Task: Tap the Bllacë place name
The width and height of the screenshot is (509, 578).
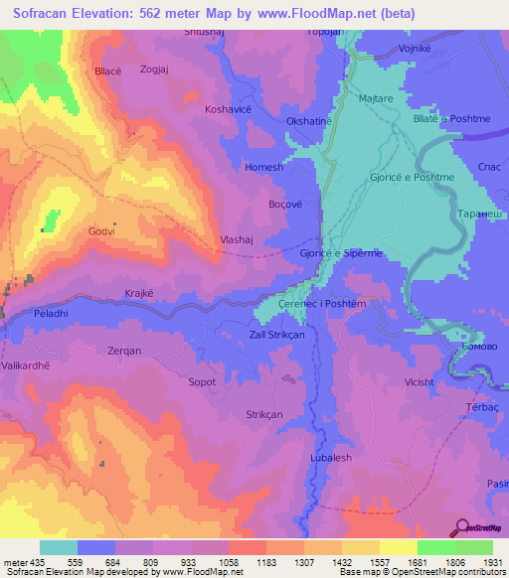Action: tap(106, 72)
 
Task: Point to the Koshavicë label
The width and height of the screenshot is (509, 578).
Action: tap(228, 108)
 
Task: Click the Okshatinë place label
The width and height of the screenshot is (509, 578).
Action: tap(308, 120)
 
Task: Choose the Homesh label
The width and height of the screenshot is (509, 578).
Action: tap(264, 167)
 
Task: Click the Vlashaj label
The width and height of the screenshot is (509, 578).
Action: tap(240, 239)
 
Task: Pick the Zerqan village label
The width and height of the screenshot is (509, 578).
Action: tap(124, 352)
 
